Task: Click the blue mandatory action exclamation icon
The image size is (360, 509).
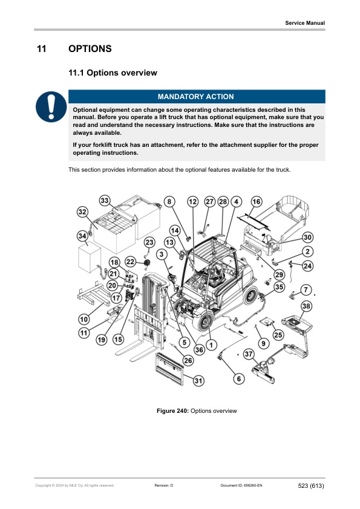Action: pos(51,106)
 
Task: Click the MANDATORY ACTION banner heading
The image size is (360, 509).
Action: pos(195,97)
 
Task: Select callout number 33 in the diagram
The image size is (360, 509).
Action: pos(104,201)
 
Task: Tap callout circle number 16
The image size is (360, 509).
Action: pos(257,201)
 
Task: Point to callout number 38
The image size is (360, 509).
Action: pos(306,306)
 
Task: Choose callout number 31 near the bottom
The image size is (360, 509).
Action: pos(198,380)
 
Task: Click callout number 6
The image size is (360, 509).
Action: pos(239,378)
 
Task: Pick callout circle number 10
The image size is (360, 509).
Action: pos(84,319)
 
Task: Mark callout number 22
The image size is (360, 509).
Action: pos(130,262)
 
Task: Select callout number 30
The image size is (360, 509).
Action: pos(307,238)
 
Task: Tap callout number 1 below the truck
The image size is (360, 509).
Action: pos(211,345)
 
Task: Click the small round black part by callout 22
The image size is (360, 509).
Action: pos(148,263)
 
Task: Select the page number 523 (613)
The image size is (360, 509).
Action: pos(311,485)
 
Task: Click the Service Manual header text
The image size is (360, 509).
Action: pos(305,23)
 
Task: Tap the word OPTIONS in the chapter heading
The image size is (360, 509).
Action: pos(90,49)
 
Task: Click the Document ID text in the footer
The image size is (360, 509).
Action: pos(241,485)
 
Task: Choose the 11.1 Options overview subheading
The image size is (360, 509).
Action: pos(113,73)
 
